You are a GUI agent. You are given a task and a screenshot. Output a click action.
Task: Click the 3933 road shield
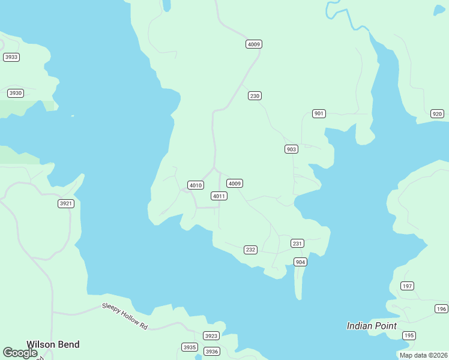(11, 57)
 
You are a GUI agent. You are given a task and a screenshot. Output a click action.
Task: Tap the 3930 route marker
(16, 93)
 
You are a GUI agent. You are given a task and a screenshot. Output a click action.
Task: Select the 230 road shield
(255, 96)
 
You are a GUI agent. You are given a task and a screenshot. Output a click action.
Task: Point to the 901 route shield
(319, 114)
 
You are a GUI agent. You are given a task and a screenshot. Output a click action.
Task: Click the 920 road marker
(437, 114)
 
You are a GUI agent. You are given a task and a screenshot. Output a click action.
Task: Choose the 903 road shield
(291, 149)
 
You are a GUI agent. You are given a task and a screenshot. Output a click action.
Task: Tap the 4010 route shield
(196, 185)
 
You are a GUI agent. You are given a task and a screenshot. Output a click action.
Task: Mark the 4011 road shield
(218, 196)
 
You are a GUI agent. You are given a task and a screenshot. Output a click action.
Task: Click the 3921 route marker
(65, 204)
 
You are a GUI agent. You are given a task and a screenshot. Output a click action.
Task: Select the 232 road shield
(250, 250)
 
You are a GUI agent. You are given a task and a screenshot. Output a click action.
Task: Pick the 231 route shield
(297, 243)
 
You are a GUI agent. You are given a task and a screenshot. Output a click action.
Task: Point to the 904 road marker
(300, 262)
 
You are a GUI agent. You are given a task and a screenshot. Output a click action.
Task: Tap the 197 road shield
(408, 286)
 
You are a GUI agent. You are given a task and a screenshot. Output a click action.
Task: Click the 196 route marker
(441, 309)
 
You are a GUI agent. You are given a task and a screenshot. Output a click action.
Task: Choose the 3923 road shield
(211, 336)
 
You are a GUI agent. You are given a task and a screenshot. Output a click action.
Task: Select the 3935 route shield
(189, 347)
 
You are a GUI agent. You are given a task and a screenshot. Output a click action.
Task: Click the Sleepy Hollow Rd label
(124, 316)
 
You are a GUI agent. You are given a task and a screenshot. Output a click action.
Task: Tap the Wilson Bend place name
(53, 344)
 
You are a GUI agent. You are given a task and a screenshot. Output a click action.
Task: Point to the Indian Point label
(372, 326)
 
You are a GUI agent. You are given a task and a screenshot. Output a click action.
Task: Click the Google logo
(20, 353)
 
